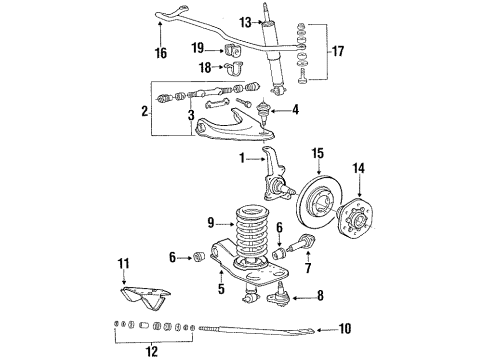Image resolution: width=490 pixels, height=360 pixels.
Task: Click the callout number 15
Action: coord(319,153)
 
